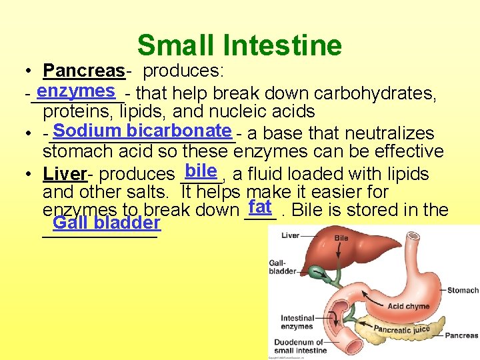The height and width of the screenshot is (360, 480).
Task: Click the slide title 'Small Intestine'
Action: (239, 45)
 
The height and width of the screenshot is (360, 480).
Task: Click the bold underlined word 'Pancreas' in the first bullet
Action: (83, 70)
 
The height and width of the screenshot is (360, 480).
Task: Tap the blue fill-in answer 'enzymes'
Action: (76, 91)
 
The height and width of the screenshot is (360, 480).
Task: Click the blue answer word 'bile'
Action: (201, 171)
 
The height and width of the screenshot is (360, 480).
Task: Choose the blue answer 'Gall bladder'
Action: (107, 223)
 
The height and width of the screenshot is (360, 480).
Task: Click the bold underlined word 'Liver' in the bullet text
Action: (65, 175)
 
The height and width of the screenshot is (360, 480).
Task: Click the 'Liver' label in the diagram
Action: (290, 235)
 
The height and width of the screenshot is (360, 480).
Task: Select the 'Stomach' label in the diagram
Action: (463, 290)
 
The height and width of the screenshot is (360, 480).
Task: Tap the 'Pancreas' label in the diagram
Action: (462, 335)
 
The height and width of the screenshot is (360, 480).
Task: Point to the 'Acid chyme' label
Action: (408, 307)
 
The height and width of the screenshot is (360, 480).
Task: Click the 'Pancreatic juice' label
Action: (401, 328)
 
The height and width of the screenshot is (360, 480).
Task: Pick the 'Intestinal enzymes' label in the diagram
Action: (297, 322)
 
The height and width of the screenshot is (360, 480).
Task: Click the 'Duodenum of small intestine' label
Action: (300, 346)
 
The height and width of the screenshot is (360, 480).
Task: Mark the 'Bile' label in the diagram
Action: (341, 238)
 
